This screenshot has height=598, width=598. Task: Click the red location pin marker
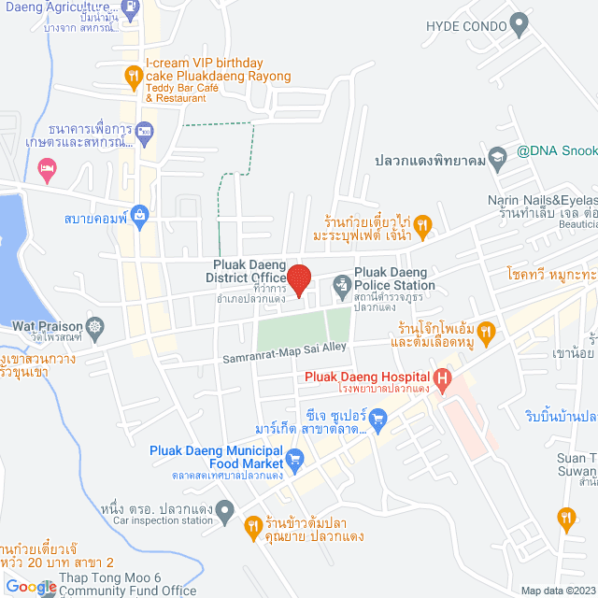(298, 279)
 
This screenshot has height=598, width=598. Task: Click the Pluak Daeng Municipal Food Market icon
(295, 458)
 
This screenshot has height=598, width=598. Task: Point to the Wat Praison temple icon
(94, 327)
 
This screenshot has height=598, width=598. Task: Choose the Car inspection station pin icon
(224, 510)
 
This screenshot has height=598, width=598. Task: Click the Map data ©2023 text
(557, 591)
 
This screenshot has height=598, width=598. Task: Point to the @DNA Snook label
(557, 150)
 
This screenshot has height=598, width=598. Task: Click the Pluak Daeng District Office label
(249, 271)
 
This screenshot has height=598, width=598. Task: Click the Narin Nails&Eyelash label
(542, 200)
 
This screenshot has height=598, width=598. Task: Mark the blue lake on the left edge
(13, 252)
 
